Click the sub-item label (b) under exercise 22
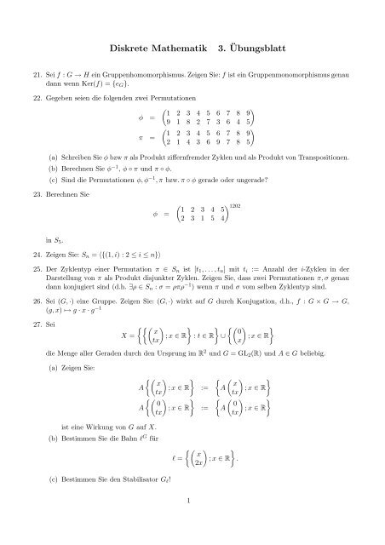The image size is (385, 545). (x=55, y=169)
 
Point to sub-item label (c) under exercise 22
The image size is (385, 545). (x=55, y=181)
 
